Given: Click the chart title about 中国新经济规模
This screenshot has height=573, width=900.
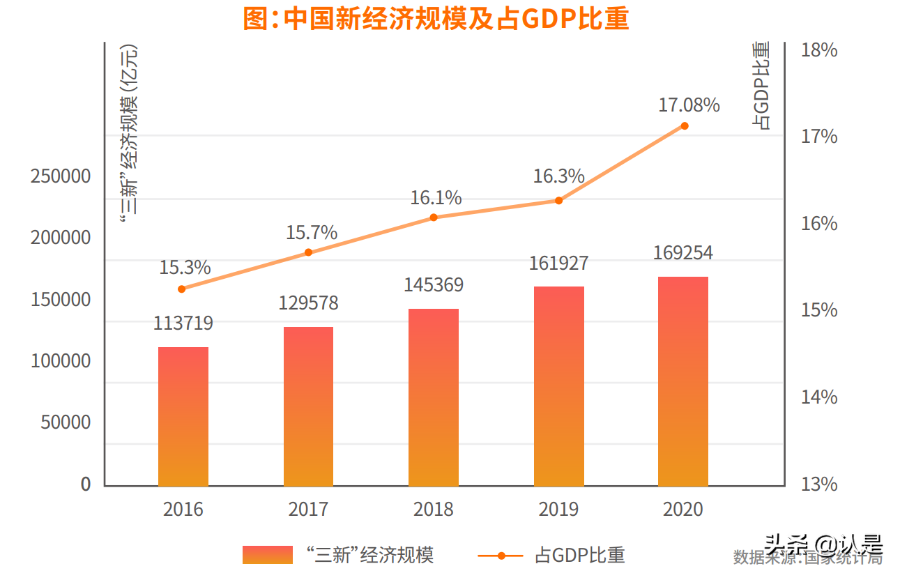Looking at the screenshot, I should (436, 19).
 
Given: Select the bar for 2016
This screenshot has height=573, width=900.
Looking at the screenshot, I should (183, 416).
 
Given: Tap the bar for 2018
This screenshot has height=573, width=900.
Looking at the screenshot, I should (434, 397).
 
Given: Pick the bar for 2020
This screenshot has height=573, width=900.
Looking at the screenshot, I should (683, 381).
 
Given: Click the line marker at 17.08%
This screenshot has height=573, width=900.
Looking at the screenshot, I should (685, 125).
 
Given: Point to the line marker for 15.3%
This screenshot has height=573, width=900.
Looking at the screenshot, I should (182, 289).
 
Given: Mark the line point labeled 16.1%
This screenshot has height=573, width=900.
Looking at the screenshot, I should (434, 217).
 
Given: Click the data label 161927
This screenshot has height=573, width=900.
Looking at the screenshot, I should (558, 263).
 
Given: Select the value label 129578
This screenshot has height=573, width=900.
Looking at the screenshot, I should (309, 303).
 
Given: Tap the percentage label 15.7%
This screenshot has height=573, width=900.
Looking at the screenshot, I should (312, 232).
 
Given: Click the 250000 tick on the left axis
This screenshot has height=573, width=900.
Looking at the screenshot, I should (61, 176).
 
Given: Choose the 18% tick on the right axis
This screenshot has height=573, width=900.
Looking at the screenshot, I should (819, 50).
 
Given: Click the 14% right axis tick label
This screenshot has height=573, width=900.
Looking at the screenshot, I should (819, 397).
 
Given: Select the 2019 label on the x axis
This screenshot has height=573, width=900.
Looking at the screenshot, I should (558, 510).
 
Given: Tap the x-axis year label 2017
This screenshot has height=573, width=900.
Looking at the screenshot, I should (308, 510).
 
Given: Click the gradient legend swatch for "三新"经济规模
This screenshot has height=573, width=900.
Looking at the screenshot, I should (268, 555).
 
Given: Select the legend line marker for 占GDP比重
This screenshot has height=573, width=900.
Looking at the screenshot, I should (501, 556).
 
